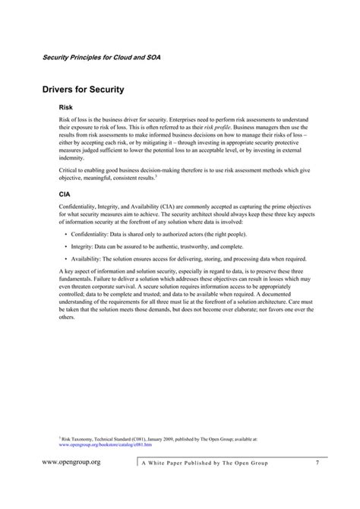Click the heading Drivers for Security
[x=84, y=90]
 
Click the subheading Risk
[x=65, y=109]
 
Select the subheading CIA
[x=65, y=194]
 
